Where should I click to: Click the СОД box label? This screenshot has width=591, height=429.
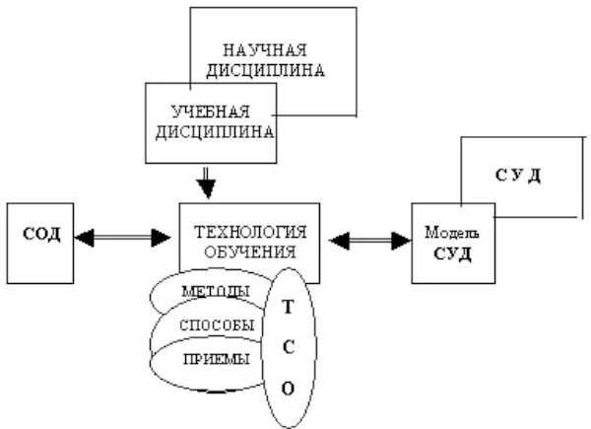pos(42,236)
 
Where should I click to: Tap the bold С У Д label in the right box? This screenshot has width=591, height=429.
pos(518,176)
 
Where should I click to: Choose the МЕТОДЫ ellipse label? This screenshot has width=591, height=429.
pos(216,292)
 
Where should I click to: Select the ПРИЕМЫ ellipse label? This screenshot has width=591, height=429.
pos(216,358)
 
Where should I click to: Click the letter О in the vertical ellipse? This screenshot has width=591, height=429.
pos(288,388)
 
